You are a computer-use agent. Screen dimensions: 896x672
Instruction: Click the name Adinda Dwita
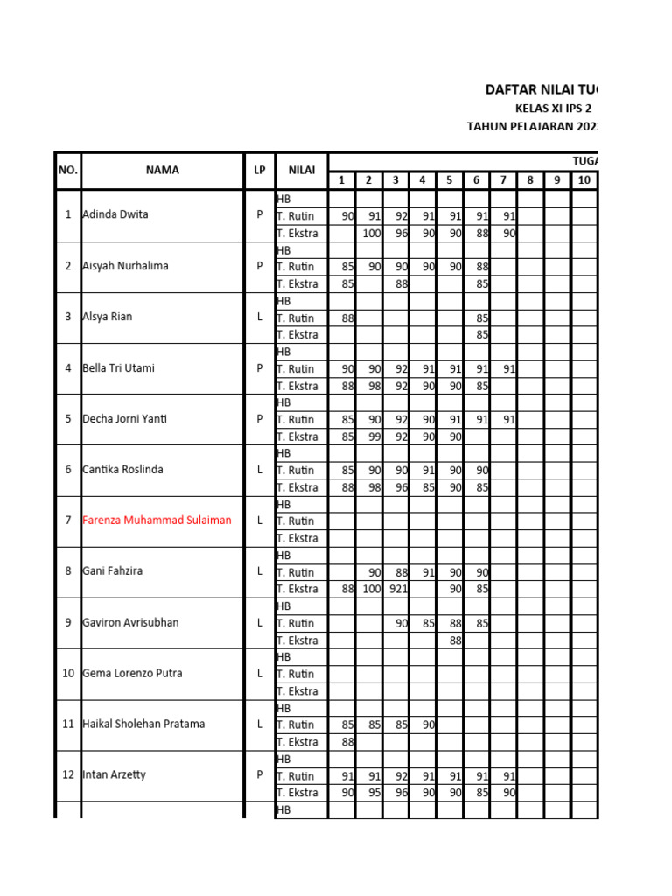tap(115, 214)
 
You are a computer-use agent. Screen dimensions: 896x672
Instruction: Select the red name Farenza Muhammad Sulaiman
tap(157, 520)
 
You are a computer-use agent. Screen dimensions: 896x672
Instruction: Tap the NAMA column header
tap(162, 171)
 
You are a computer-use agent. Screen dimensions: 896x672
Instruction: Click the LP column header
tap(259, 171)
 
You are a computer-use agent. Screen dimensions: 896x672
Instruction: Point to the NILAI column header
tap(301, 171)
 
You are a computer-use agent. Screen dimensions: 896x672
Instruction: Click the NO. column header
tap(67, 171)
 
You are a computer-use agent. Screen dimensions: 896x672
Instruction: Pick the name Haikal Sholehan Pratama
tap(143, 724)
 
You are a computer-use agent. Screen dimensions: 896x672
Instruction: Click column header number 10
tap(584, 180)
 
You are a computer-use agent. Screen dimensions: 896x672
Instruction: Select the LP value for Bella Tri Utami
tap(259, 368)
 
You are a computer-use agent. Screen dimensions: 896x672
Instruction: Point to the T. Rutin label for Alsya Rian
tap(295, 318)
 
